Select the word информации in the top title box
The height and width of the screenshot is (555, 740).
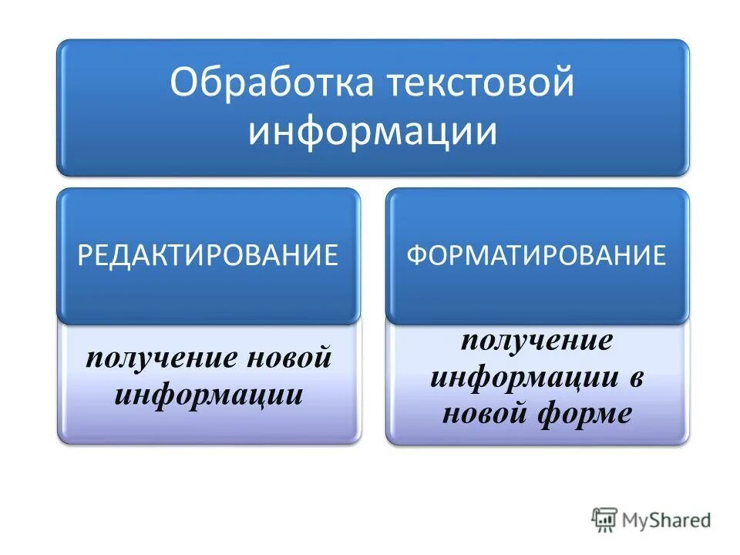pos(372,131)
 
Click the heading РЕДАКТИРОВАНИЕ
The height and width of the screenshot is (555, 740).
pos(208,255)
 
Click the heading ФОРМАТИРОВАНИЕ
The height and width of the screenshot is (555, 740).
pos(536,255)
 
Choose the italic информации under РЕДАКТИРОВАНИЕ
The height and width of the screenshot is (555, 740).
pos(208,395)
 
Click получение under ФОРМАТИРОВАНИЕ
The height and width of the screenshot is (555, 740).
pos(536,341)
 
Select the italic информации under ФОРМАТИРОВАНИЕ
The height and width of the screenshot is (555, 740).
pos(523,378)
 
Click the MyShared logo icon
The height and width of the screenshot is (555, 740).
pos(605,520)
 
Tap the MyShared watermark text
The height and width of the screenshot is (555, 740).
pos(667,520)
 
